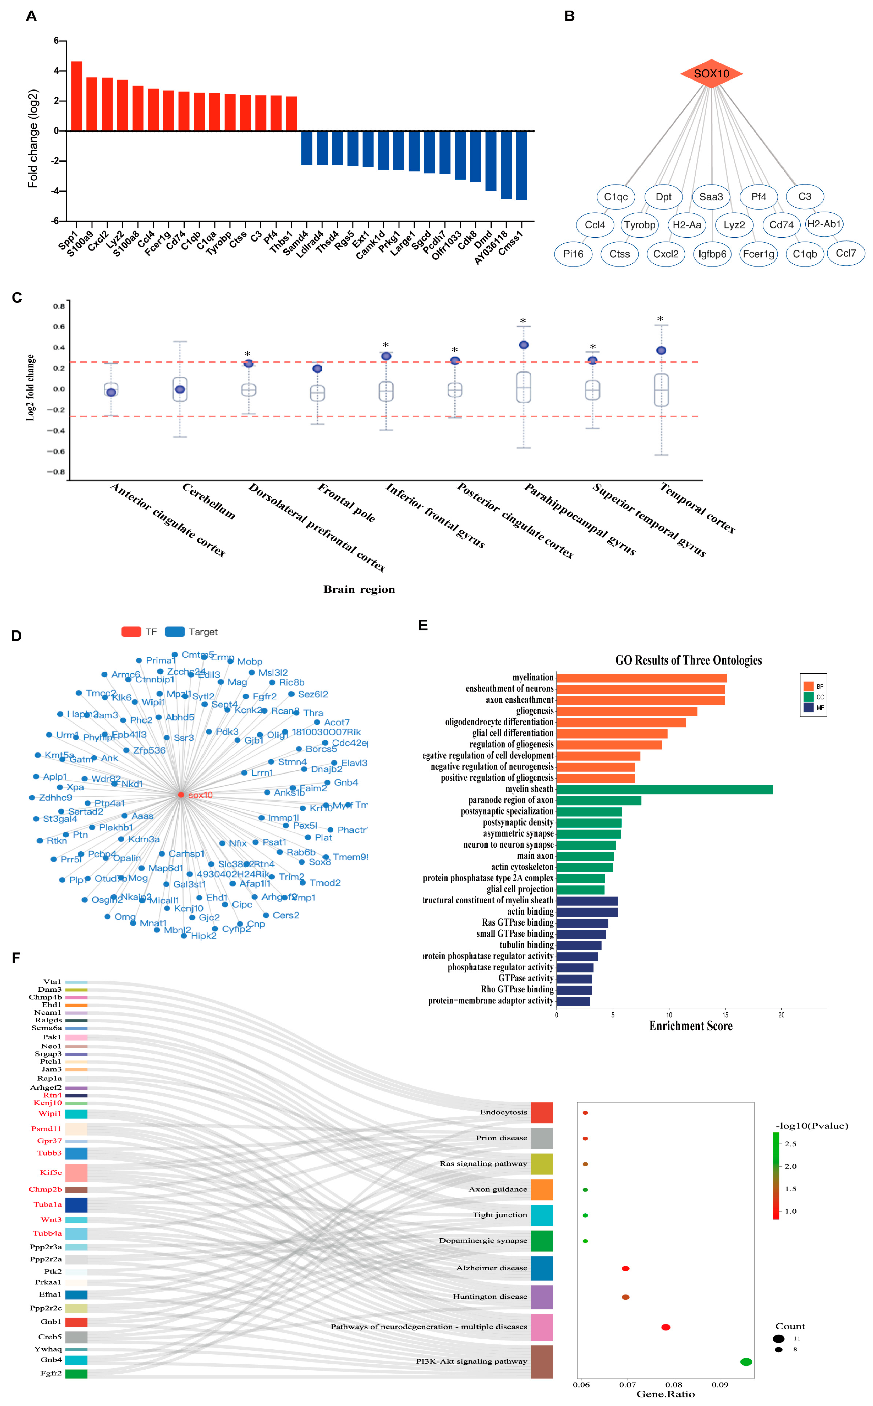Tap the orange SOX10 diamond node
pyautogui.click(x=711, y=73)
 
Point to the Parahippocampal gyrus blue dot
pyautogui.click(x=524, y=345)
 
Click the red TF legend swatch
pyautogui.click(x=131, y=632)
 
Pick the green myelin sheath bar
pyautogui.click(x=664, y=789)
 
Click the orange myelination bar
pyautogui.click(x=641, y=678)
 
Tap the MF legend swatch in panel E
pyautogui.click(x=808, y=707)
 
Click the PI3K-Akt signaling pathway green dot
pyautogui.click(x=746, y=1362)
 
